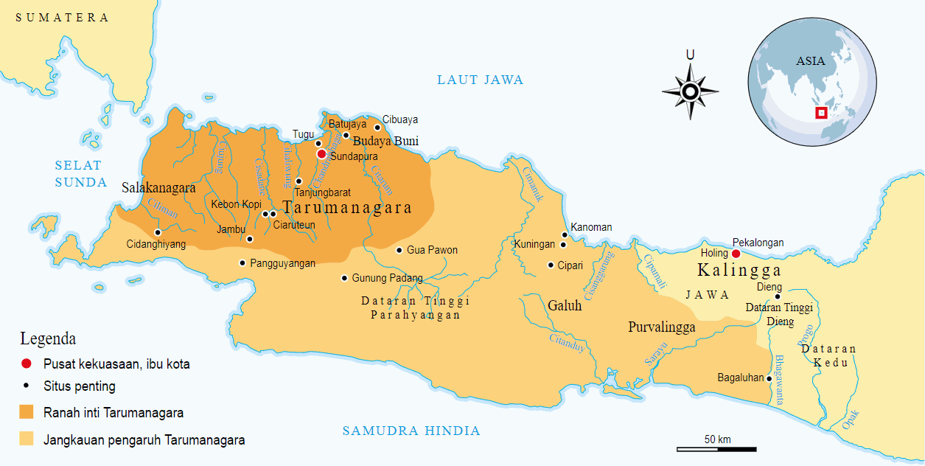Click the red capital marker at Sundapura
click(x=321, y=154)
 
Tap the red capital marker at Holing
click(x=736, y=254)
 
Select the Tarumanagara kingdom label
click(x=347, y=208)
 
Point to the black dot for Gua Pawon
click(x=399, y=250)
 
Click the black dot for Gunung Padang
click(x=344, y=278)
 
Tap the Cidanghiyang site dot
click(x=158, y=232)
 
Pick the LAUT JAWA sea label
click(x=480, y=80)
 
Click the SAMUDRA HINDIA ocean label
click(x=411, y=431)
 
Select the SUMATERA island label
click(x=63, y=18)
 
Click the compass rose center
click(x=690, y=91)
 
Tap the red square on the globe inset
click(x=820, y=113)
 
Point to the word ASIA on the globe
click(x=811, y=61)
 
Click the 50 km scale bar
click(x=716, y=448)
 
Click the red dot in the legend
click(x=27, y=364)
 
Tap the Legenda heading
click(x=48, y=339)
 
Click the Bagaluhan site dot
click(x=769, y=378)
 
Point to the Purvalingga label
click(x=661, y=327)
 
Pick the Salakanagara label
click(x=158, y=188)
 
